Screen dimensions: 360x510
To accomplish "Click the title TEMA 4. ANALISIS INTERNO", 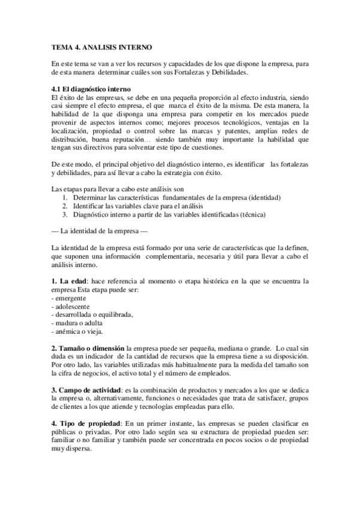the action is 102,46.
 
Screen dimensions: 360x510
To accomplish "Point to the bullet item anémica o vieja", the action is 79,331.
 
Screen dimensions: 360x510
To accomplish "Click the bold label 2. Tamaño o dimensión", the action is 88,348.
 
